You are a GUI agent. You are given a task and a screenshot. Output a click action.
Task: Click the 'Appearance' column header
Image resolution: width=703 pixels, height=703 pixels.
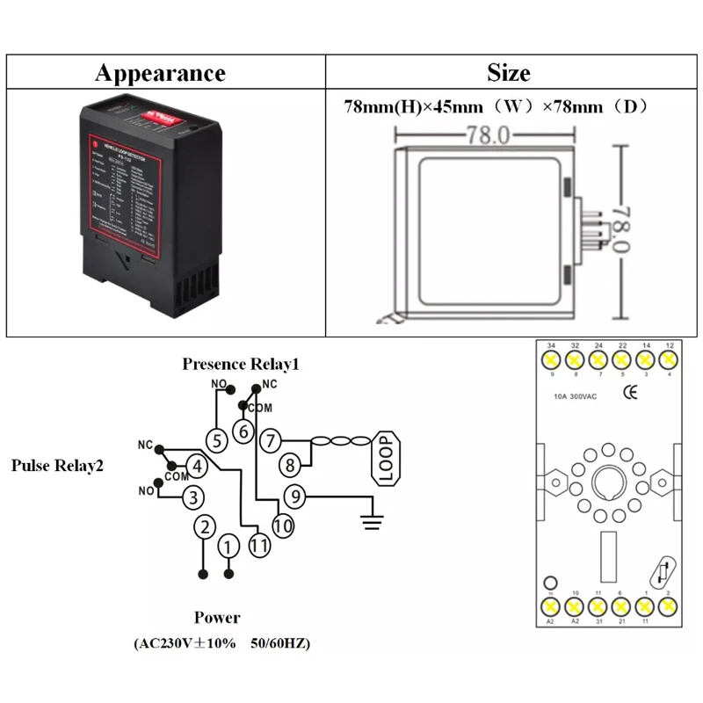[x=160, y=72]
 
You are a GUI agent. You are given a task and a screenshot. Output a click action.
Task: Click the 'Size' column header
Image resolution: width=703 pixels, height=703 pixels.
[x=508, y=72]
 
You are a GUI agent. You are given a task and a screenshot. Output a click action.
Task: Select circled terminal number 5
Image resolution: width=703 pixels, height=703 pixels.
[x=216, y=439]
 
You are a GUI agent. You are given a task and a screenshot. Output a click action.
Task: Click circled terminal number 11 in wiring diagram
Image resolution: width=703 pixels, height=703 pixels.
[x=258, y=545]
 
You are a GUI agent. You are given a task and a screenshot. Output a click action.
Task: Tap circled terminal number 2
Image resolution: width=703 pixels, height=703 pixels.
[x=204, y=527]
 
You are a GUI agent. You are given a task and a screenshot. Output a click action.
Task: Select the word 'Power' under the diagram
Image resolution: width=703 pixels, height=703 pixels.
[x=216, y=617]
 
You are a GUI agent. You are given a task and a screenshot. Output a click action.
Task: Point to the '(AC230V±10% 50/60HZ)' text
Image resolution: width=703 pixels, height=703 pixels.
[x=221, y=644]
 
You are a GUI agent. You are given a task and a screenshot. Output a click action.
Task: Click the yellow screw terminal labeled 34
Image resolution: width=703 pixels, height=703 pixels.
[x=551, y=359]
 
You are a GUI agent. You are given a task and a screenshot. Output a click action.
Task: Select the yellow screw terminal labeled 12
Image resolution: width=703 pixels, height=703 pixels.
[x=670, y=359]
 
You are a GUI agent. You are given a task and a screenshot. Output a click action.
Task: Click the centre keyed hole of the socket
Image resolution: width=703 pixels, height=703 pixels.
[x=609, y=482]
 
